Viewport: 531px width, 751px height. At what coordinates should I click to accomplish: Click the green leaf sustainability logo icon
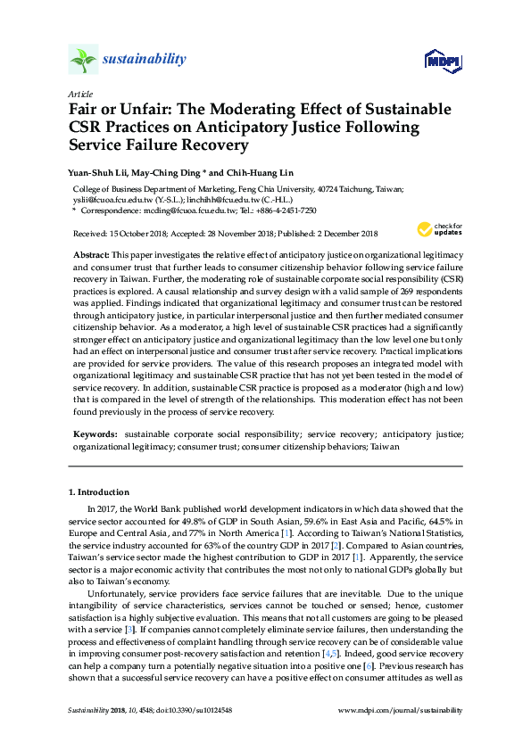click(x=83, y=60)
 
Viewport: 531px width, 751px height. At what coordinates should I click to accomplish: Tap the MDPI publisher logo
click(x=442, y=61)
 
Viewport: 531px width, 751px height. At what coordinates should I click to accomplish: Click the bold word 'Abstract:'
click(x=91, y=254)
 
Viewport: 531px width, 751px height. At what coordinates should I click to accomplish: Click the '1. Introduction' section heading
click(x=99, y=492)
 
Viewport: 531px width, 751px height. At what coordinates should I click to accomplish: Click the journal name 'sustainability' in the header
click(x=144, y=60)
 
